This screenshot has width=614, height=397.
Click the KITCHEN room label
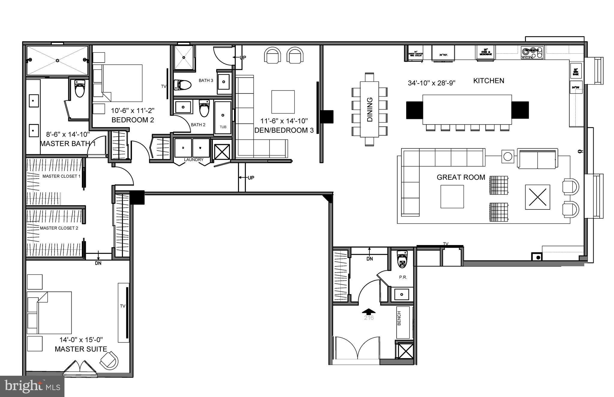pyautogui.click(x=488, y=81)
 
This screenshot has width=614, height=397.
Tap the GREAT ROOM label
pyautogui.click(x=461, y=177)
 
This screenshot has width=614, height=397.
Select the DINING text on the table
pyautogui.click(x=370, y=110)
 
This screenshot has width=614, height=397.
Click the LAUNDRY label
pyautogui.click(x=193, y=160)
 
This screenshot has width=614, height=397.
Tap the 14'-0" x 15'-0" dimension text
pyautogui.click(x=81, y=340)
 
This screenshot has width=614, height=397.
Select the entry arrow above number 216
pyautogui.click(x=368, y=312)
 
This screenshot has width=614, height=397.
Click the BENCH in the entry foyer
pyautogui.click(x=403, y=322)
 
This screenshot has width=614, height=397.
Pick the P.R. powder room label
pyautogui.click(x=403, y=277)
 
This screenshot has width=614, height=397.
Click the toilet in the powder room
pyautogui.click(x=402, y=259)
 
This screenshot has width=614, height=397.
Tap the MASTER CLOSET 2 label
pyautogui.click(x=59, y=228)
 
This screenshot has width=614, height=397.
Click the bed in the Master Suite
pyautogui.click(x=49, y=313)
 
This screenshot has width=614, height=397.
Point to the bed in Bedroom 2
pyautogui.click(x=118, y=83)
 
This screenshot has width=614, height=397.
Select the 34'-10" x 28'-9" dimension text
pyautogui.click(x=431, y=83)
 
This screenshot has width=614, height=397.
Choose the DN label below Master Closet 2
pyautogui.click(x=98, y=263)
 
